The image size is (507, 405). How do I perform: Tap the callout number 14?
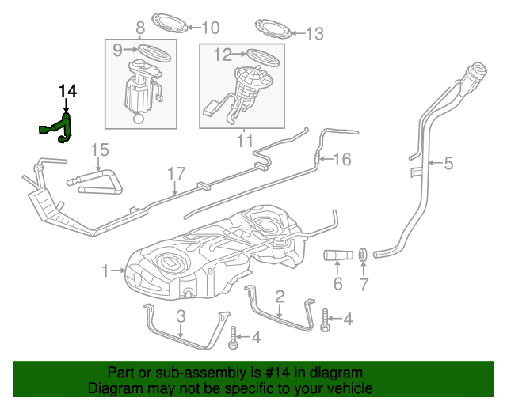pyautogui.click(x=67, y=92)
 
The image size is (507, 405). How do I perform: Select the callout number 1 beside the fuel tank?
pyautogui.click(x=106, y=271)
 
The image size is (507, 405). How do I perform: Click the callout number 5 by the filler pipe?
pyautogui.click(x=448, y=164)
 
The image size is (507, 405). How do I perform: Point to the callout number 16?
pyautogui.click(x=341, y=160)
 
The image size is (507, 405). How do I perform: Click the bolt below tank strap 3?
pyautogui.click(x=232, y=343)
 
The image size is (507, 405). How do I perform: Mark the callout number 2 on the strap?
pyautogui.click(x=280, y=297)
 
